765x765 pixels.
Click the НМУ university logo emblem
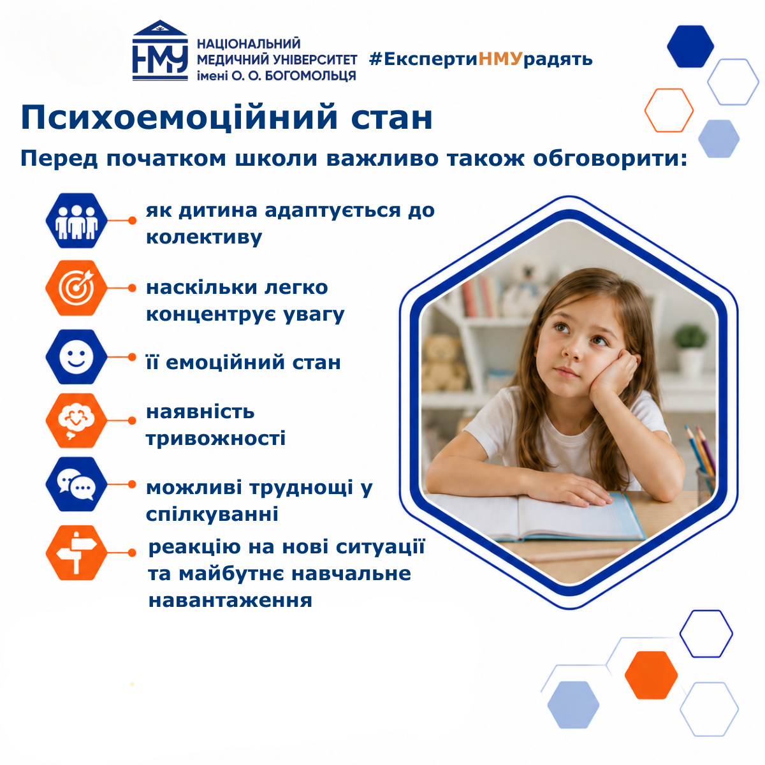click(x=160, y=50)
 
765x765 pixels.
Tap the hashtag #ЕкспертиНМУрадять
click(x=481, y=59)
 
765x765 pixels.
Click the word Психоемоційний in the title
click(x=179, y=118)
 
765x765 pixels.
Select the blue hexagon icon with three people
click(x=76, y=221)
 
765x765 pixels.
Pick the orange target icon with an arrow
click(x=76, y=288)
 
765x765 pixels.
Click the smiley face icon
click(x=76, y=356)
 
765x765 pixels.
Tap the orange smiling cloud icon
click(x=76, y=420)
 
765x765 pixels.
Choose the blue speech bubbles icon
click(x=76, y=484)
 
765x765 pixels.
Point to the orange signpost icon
click(x=76, y=552)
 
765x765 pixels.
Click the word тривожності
click(x=215, y=439)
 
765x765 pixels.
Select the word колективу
click(x=204, y=237)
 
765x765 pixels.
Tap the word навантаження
click(x=230, y=601)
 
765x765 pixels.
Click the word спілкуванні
click(x=212, y=514)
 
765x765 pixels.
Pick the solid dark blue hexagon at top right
click(x=690, y=47)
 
